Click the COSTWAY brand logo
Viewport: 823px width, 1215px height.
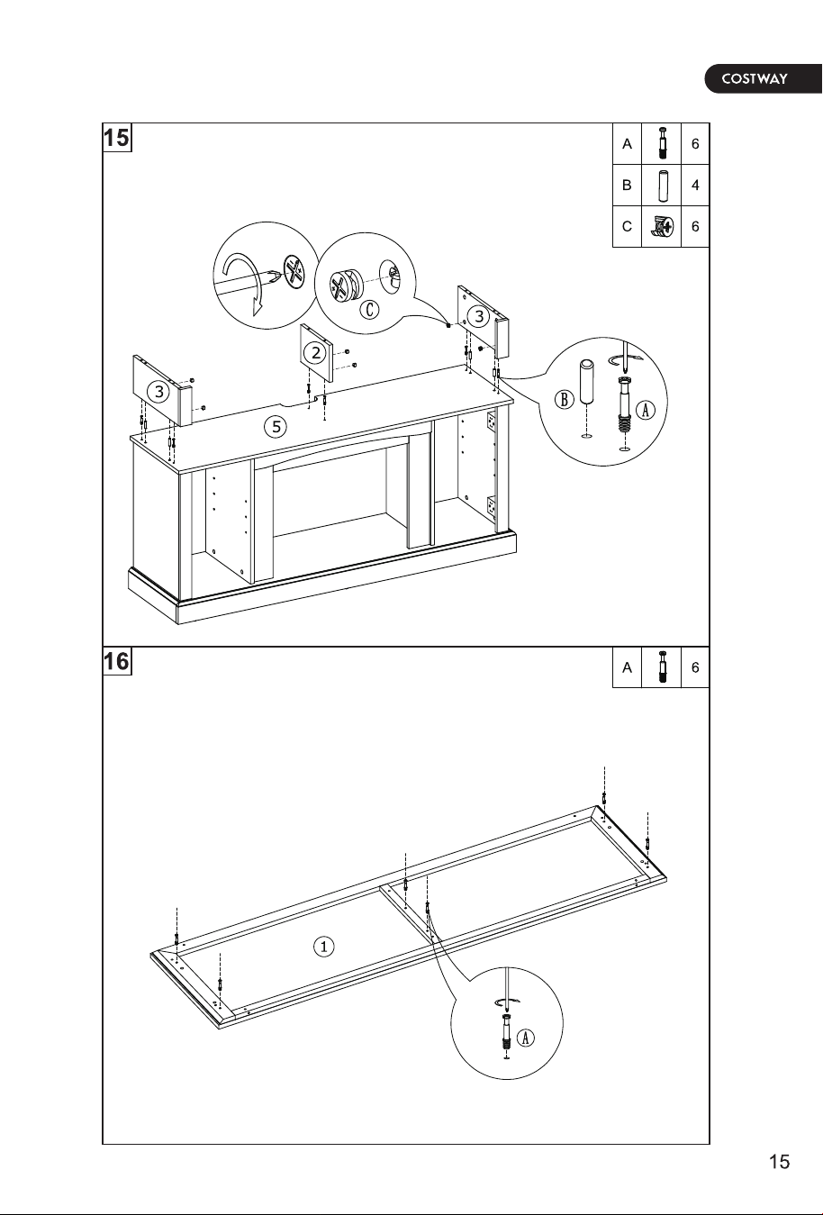764,78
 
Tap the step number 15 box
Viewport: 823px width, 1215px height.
117,138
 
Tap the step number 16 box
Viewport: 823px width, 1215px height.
117,661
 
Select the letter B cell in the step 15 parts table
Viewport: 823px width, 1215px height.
627,185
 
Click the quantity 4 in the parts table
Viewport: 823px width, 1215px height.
695,185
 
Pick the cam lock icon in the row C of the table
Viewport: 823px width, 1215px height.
662,226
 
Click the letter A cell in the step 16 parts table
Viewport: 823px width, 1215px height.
627,667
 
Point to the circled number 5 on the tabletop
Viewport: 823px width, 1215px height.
276,427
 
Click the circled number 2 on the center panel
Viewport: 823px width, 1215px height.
315,353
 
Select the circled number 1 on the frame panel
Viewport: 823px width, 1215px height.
323,947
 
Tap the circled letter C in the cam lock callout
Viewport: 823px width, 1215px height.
370,310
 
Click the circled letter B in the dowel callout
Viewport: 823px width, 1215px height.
564,400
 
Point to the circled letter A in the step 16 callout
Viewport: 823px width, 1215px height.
525,1038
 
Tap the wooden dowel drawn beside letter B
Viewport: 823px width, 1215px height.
586,382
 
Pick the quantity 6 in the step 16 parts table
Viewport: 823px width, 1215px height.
695,667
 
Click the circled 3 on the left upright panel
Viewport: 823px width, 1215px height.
158,392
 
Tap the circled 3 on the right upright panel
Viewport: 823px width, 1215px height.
479,316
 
